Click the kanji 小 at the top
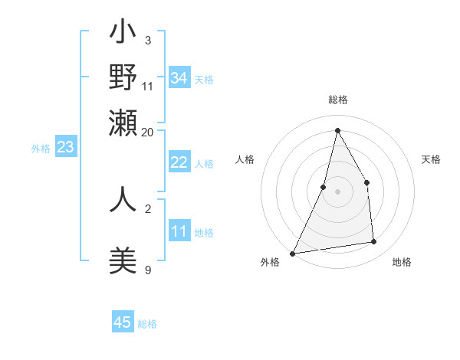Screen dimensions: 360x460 (123, 34)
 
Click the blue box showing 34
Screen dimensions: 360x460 (179, 78)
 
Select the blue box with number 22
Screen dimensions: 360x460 (179, 162)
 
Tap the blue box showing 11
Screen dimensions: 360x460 (179, 231)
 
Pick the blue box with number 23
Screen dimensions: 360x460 (65, 148)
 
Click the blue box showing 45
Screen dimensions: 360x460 (123, 322)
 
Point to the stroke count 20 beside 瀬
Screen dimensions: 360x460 (148, 132)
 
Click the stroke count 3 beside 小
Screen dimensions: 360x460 (148, 40)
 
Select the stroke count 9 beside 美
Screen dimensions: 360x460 (148, 269)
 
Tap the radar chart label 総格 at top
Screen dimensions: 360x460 (338, 100)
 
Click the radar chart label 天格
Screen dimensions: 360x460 (432, 159)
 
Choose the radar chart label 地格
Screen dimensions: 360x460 (402, 262)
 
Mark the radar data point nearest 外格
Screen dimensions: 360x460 (292, 253)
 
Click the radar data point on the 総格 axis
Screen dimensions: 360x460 (337, 130)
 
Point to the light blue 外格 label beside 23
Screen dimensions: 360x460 (40, 149)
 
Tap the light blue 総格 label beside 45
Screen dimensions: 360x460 (147, 324)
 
